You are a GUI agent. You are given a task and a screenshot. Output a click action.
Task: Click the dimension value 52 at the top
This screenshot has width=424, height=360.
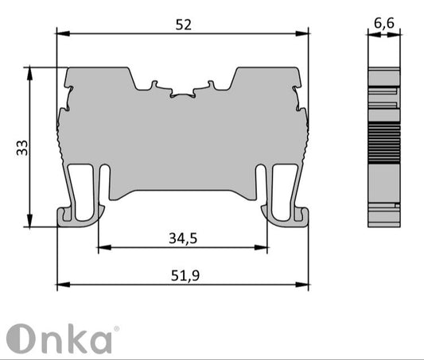coord(183,25)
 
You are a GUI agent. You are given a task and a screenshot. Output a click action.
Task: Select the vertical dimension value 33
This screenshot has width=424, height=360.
coord(22,147)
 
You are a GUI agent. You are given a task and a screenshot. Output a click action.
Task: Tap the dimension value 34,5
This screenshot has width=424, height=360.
coord(183,238)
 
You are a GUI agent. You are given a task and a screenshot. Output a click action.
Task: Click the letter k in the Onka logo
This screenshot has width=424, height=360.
coord(74,338)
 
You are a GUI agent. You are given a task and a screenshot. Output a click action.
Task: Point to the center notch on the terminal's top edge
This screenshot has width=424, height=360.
coord(182,94)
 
